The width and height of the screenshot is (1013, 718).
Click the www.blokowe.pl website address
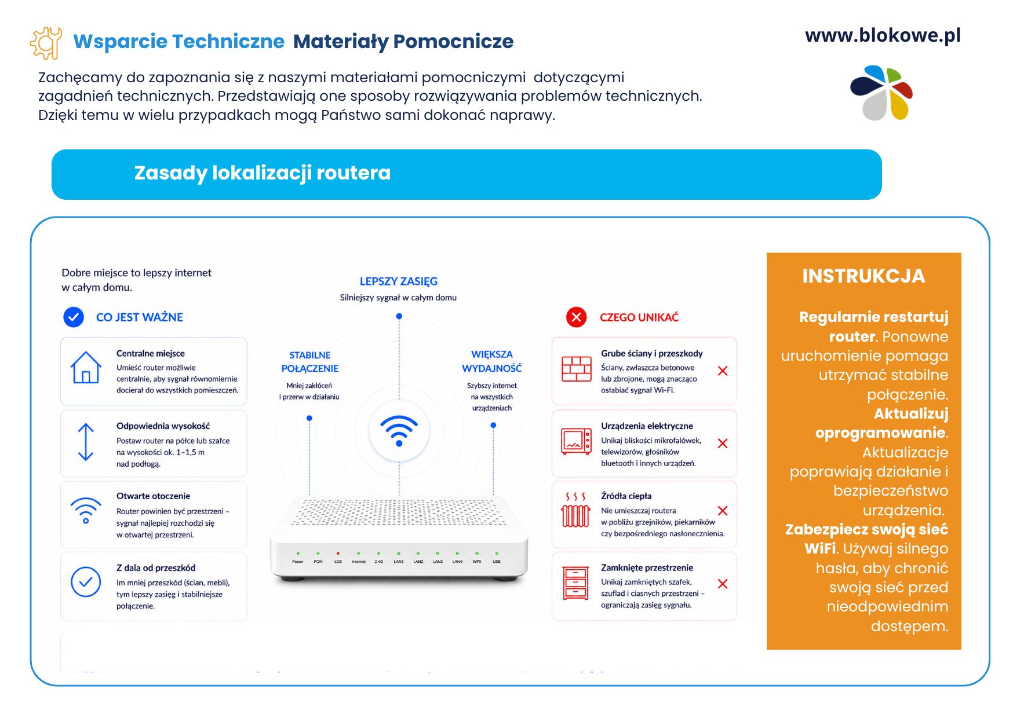[x=883, y=35]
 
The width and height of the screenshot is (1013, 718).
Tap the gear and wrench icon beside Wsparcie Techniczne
[x=46, y=43]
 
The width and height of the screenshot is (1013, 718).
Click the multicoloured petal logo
[x=881, y=93]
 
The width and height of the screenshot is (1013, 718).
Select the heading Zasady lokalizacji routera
[x=263, y=173]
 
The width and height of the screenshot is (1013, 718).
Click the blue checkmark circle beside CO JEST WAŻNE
[x=74, y=317]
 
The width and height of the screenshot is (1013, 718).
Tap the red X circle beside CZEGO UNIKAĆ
[x=576, y=317]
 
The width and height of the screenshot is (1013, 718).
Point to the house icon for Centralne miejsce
[x=86, y=368]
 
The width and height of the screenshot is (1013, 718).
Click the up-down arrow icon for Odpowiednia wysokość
[x=86, y=442]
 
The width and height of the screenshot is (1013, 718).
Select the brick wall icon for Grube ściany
[x=577, y=369]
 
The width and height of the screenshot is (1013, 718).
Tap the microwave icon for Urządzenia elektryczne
[x=577, y=441]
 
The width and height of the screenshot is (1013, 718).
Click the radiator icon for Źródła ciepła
[x=576, y=510]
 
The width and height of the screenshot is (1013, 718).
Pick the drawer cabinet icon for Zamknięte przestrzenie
[x=576, y=583]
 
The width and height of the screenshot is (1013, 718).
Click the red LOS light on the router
[x=338, y=554]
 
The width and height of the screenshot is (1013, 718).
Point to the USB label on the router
[x=497, y=562]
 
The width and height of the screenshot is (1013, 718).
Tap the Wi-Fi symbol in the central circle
[x=399, y=430]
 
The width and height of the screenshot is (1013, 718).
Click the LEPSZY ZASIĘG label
[x=399, y=281]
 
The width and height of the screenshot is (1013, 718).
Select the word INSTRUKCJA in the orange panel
[x=863, y=276]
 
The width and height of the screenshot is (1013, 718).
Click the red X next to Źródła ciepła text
[x=723, y=511]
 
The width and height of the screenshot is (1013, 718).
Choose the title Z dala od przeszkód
[x=156, y=568]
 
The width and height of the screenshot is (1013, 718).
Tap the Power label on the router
[x=298, y=562]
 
